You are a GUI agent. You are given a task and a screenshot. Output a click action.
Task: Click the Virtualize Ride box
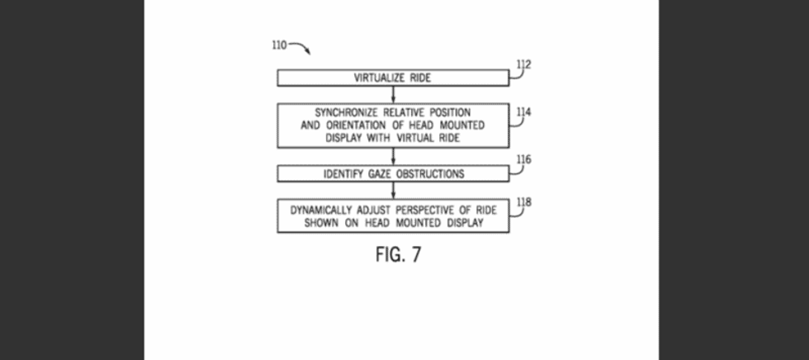click(393, 78)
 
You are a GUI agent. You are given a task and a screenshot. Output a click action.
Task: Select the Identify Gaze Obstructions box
click(393, 174)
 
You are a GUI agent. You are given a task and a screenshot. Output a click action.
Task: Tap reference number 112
click(523, 64)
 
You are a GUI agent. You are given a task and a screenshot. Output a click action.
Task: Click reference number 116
click(523, 159)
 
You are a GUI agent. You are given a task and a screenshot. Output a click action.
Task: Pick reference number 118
click(523, 201)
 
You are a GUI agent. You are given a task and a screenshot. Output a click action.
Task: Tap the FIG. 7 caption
click(398, 254)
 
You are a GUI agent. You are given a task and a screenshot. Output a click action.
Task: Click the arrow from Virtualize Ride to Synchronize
click(393, 94)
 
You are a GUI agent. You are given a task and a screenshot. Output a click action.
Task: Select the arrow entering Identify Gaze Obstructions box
click(393, 158)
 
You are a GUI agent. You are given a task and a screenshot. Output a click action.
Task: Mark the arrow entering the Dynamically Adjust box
click(393, 191)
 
